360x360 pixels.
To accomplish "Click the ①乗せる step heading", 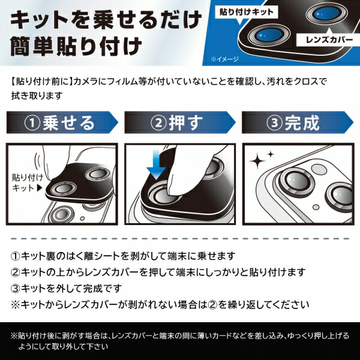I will click(x=60, y=123).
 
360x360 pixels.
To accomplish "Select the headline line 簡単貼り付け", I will click(x=75, y=46).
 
